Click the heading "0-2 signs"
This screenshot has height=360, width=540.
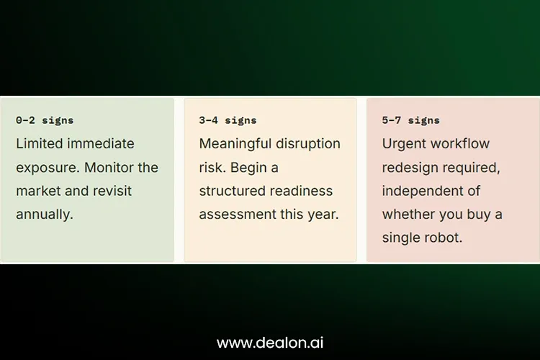point(45,120)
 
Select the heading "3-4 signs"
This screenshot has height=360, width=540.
point(228,120)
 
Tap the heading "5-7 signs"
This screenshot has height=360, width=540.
point(411,120)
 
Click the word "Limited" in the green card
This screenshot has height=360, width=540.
point(39,144)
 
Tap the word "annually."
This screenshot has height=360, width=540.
point(45,215)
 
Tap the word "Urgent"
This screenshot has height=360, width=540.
point(403,144)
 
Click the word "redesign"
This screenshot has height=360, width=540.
point(410,168)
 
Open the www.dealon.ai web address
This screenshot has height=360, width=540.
point(270,343)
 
